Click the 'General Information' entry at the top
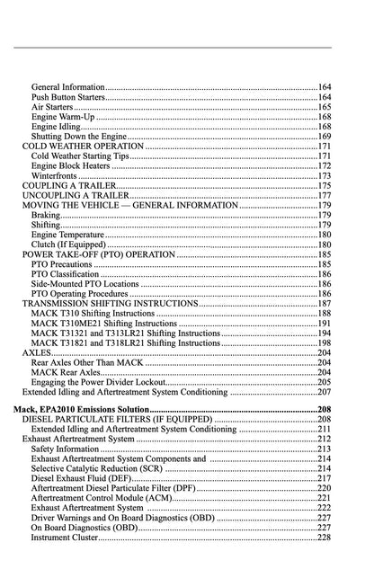(68, 86)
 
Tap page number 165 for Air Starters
(325, 106)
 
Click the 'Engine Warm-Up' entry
(62, 117)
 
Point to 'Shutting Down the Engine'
(78, 137)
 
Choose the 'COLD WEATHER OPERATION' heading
(83, 147)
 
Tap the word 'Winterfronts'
(54, 176)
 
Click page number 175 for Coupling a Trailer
(325, 186)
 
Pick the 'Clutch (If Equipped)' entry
(68, 245)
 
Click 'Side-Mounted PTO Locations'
(85, 284)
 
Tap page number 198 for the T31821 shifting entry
(325, 342)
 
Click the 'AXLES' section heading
(37, 353)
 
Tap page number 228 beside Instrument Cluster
(325, 538)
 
